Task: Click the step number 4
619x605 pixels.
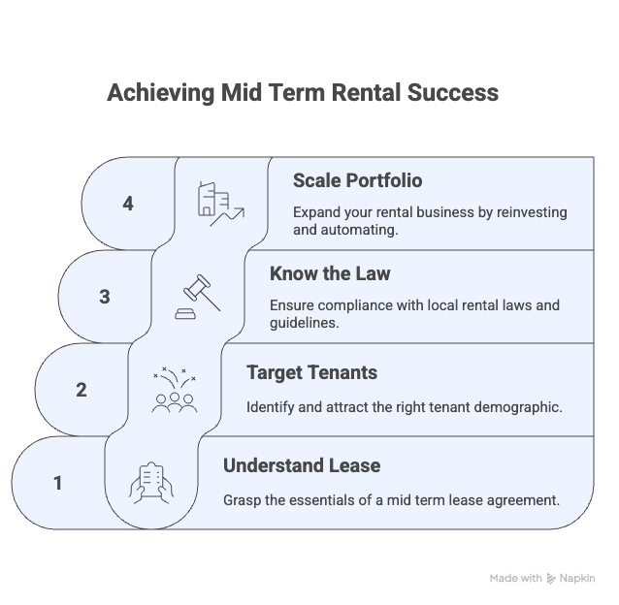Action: (128, 204)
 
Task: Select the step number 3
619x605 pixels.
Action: (105, 297)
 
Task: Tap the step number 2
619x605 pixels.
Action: (81, 390)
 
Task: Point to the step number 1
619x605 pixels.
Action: (57, 483)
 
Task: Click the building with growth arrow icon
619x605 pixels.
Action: (220, 204)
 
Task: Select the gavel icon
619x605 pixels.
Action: (197, 297)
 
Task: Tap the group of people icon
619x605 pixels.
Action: (174, 391)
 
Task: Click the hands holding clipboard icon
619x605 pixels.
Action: (150, 483)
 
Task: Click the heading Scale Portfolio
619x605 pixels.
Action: (357, 180)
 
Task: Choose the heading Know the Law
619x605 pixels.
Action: (330, 273)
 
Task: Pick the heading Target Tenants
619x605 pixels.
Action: (311, 372)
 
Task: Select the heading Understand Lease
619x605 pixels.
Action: (302, 465)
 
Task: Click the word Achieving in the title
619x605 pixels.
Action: (161, 93)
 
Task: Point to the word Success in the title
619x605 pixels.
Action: (453, 93)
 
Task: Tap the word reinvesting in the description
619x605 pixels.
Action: (532, 212)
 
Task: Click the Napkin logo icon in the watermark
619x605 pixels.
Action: (551, 579)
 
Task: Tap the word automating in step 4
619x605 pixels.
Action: (359, 230)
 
